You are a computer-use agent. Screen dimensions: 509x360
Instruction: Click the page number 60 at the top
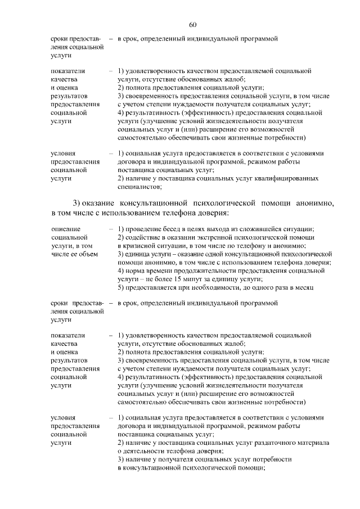click(x=192, y=25)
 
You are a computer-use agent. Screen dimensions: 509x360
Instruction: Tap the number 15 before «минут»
click(x=194, y=279)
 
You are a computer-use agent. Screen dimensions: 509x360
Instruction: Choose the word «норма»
click(x=135, y=271)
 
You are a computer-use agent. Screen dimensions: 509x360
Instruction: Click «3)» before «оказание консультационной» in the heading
click(x=77, y=202)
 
